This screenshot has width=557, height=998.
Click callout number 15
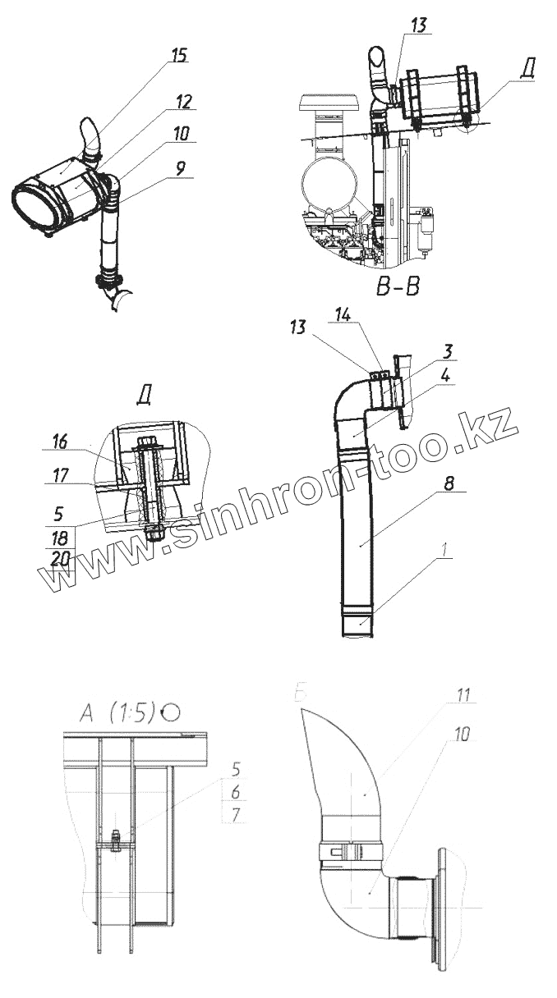[179, 55]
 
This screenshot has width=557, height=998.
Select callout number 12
[183, 102]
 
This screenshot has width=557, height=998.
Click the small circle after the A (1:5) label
[171, 712]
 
